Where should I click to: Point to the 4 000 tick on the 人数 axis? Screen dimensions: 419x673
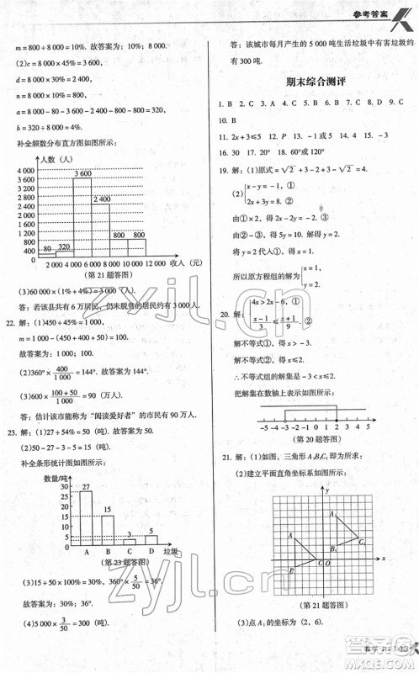tap(24, 170)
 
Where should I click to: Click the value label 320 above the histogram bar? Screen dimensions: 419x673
tap(63, 247)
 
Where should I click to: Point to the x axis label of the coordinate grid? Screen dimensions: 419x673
tap(383, 558)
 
